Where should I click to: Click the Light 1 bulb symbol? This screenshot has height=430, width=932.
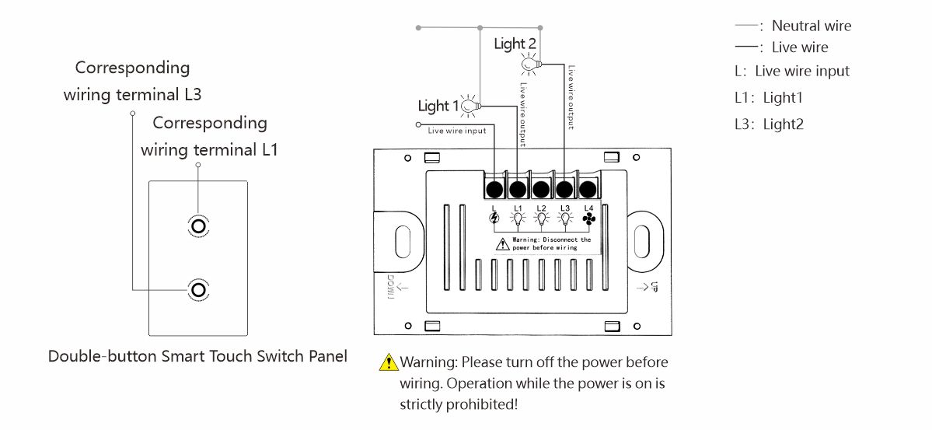tap(469, 105)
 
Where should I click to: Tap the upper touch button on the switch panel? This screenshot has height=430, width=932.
tap(198, 225)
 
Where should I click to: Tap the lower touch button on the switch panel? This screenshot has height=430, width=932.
tap(198, 289)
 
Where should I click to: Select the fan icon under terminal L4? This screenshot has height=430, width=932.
tap(588, 219)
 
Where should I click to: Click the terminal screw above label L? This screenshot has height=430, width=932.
tap(494, 189)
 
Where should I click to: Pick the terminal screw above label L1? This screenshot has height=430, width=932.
tap(517, 189)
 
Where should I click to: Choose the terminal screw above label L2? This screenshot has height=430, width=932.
tap(541, 189)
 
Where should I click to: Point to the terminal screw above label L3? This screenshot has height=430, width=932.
tap(564, 189)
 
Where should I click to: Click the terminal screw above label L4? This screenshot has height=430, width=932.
tap(588, 189)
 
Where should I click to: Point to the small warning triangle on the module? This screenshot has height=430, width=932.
tap(503, 244)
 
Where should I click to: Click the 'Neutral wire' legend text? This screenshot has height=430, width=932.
tap(811, 26)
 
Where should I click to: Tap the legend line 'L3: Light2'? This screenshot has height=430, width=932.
tap(769, 124)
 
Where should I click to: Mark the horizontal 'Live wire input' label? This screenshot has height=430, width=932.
tap(457, 131)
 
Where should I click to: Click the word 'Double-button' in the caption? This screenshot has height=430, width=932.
tap(102, 356)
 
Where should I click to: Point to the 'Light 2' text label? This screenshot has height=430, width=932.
tap(515, 44)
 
